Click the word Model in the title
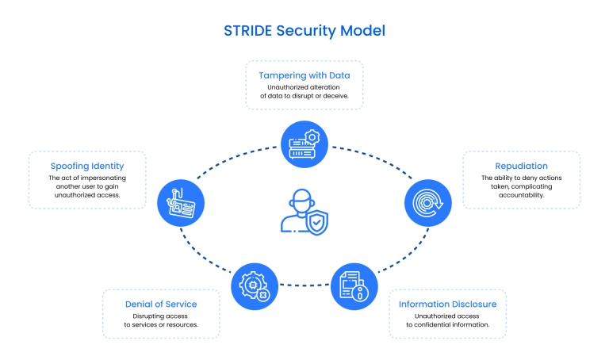(363, 32)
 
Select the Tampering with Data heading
(304, 75)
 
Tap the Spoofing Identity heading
(87, 166)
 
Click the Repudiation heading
(521, 166)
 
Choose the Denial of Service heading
(161, 304)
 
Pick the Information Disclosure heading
(447, 304)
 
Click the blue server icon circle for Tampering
(304, 142)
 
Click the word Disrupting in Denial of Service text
(140, 315)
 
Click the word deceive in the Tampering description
(347, 96)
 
